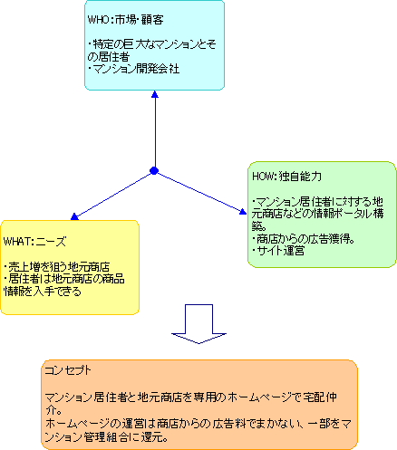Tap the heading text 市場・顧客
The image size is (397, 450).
tap(140, 20)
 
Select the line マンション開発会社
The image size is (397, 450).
tap(136, 69)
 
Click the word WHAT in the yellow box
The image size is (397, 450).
tap(17, 242)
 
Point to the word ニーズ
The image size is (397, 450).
tap(51, 242)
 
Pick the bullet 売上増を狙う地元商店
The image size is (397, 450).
tap(59, 267)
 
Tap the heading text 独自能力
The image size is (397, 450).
tap(301, 177)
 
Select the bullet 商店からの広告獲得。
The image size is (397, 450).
tap(305, 239)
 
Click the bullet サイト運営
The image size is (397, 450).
tap(281, 251)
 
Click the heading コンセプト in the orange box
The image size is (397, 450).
tap(68, 370)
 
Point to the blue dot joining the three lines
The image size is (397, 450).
tap(154, 171)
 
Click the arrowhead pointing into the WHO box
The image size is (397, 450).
tap(155, 94)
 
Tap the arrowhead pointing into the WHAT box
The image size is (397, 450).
tap(74, 216)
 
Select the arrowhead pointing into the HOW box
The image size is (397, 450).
tap(243, 211)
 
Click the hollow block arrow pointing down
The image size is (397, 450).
tap(198, 324)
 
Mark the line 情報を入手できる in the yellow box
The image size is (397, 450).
tap(43, 292)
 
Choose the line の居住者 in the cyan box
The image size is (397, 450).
tap(109, 57)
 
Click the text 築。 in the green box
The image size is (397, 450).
tap(259, 226)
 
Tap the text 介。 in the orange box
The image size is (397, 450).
tap(53, 410)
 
